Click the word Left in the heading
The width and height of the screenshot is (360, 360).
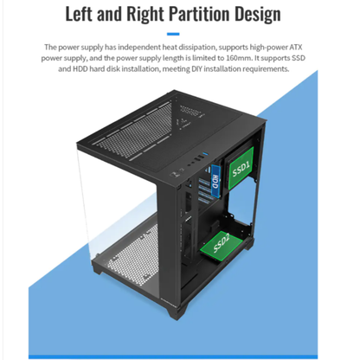tap(80, 14)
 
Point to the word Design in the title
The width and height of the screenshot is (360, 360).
tap(257, 15)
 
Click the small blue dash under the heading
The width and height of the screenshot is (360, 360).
tap(173, 34)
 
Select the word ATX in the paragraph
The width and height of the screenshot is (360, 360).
tap(296, 47)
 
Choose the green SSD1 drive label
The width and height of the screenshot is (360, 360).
tap(241, 168)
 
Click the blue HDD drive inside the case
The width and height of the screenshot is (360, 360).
tap(215, 181)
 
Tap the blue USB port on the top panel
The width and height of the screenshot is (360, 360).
tap(206, 156)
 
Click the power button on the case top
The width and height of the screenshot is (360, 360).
tap(174, 175)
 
